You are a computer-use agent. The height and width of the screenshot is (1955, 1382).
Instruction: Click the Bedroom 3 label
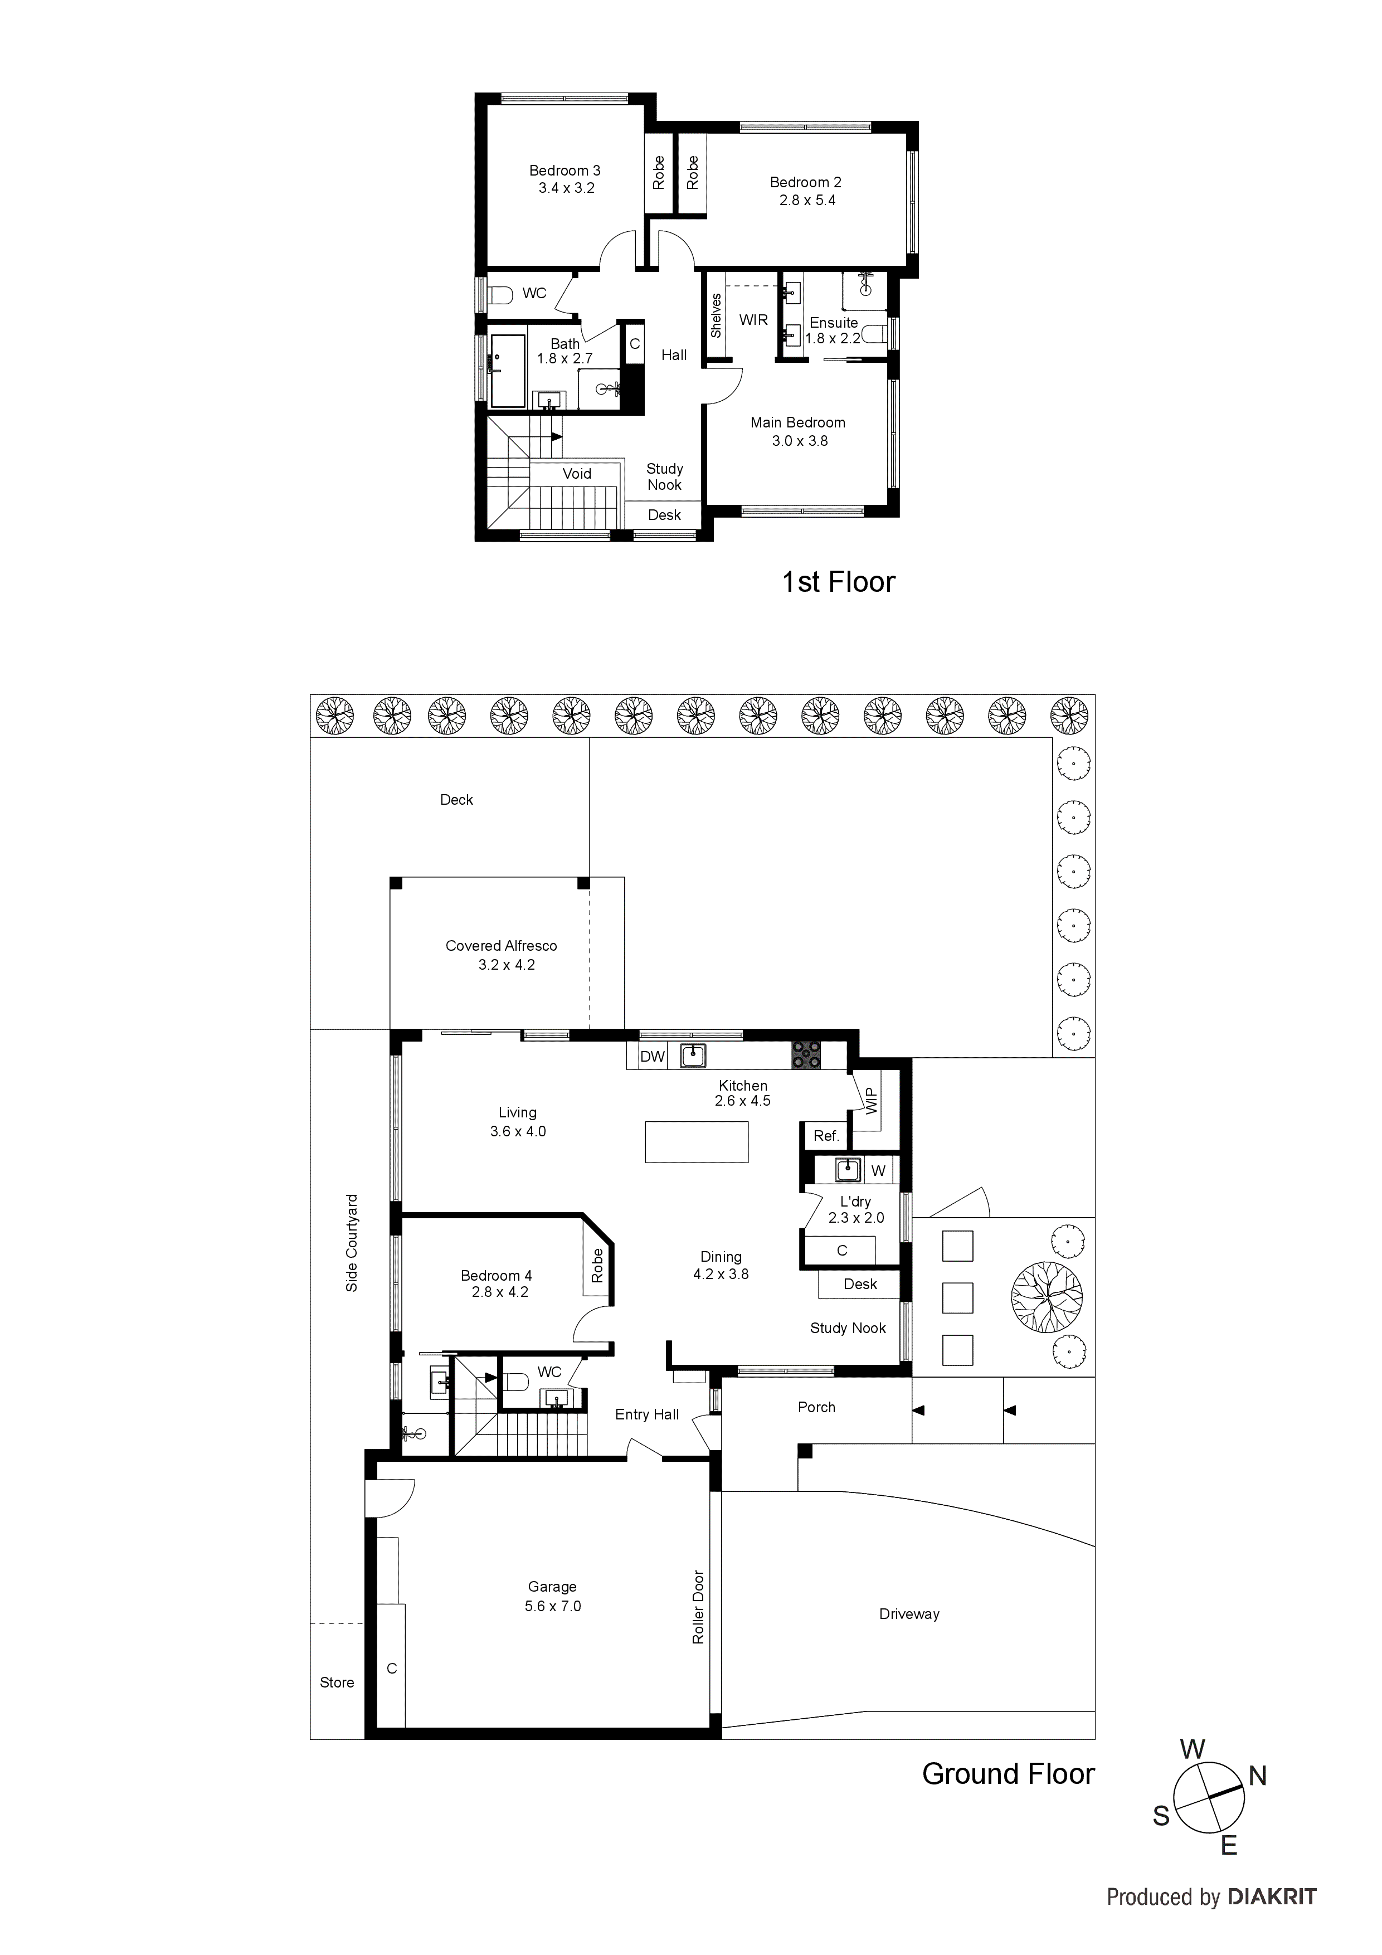tap(565, 171)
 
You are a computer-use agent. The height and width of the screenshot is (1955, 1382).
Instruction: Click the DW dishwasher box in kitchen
tap(652, 1057)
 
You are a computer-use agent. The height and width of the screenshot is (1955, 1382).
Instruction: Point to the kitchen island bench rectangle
tap(697, 1142)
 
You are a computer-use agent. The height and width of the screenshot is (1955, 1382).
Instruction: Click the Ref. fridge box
tap(826, 1136)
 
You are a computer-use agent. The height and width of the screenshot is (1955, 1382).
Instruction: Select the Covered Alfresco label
tap(502, 946)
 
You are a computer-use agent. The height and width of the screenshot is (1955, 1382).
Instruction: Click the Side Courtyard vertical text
tap(352, 1243)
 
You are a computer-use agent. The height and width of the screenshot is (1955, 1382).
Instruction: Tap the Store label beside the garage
tap(337, 1682)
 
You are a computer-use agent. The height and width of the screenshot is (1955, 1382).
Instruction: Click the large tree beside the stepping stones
tap(1047, 1297)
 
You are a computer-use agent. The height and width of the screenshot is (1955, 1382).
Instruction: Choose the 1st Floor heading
tap(838, 582)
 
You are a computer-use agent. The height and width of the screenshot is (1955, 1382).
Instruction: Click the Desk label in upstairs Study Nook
tap(664, 515)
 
